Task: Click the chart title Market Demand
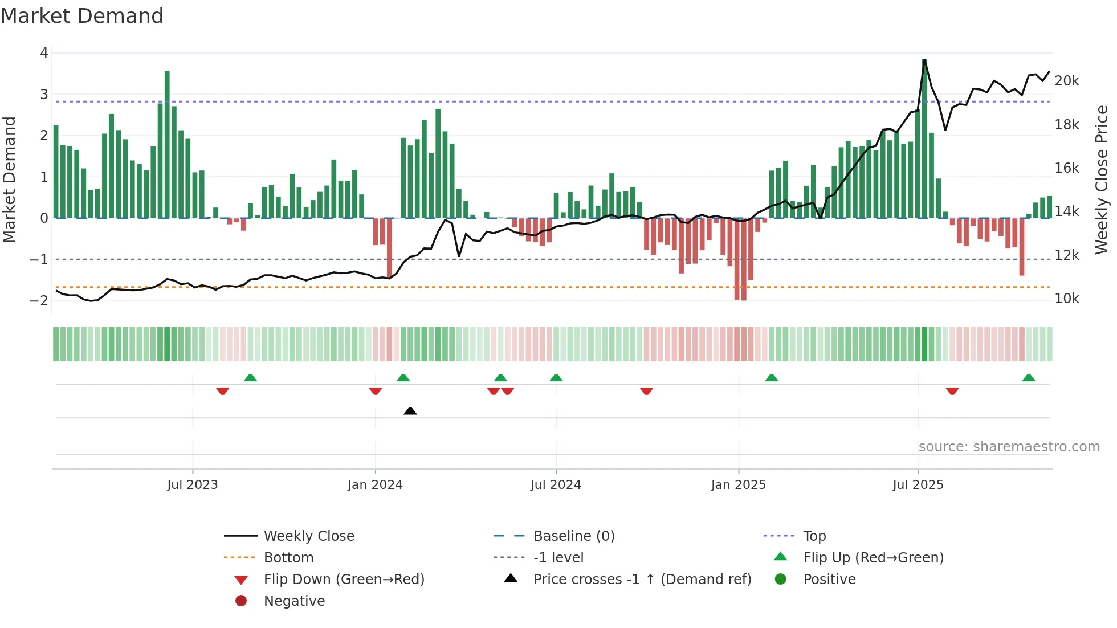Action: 82,15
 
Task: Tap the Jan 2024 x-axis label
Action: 375,484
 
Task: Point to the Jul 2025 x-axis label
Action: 918,484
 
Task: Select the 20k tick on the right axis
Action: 1066,81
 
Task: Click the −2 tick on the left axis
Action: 39,300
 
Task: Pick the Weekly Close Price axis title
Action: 1102,180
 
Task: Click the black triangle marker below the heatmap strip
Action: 410,411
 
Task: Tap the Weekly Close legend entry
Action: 308,536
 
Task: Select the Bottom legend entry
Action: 288,557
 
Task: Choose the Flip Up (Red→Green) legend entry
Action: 873,557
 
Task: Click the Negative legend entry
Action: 294,601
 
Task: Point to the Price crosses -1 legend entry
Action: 642,579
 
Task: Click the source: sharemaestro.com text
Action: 1009,446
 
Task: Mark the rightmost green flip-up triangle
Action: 1028,378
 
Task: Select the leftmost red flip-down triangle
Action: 223,391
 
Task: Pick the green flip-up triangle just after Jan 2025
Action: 771,378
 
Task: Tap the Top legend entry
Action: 814,536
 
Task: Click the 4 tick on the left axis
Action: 44,53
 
